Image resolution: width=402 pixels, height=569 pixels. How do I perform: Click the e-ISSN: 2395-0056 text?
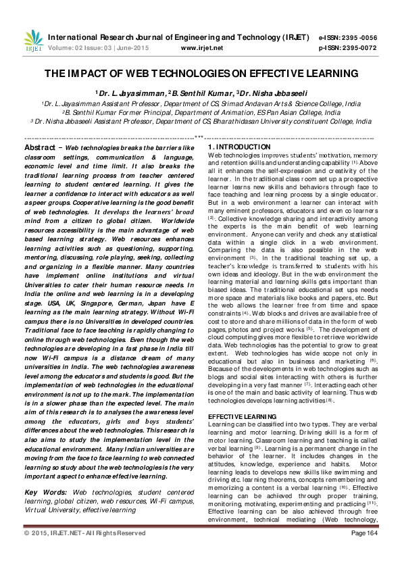[357, 38]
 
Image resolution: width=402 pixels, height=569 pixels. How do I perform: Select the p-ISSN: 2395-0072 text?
[357, 48]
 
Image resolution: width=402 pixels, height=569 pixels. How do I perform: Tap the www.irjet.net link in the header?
[202, 48]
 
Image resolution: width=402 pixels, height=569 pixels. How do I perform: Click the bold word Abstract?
[41, 147]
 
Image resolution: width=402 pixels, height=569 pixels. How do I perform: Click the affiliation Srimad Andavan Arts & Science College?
[277, 103]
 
